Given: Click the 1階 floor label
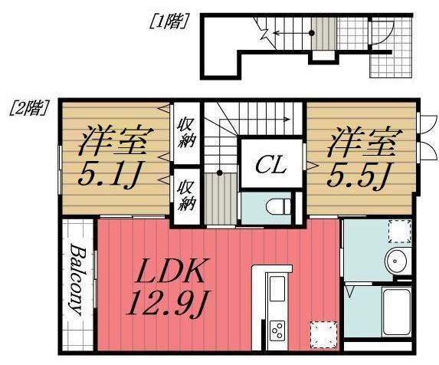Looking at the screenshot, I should (x=169, y=21).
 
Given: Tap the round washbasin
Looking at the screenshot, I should (x=398, y=261).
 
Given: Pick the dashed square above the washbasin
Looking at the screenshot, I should (x=398, y=231).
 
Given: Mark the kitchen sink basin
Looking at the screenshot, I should (x=277, y=290).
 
